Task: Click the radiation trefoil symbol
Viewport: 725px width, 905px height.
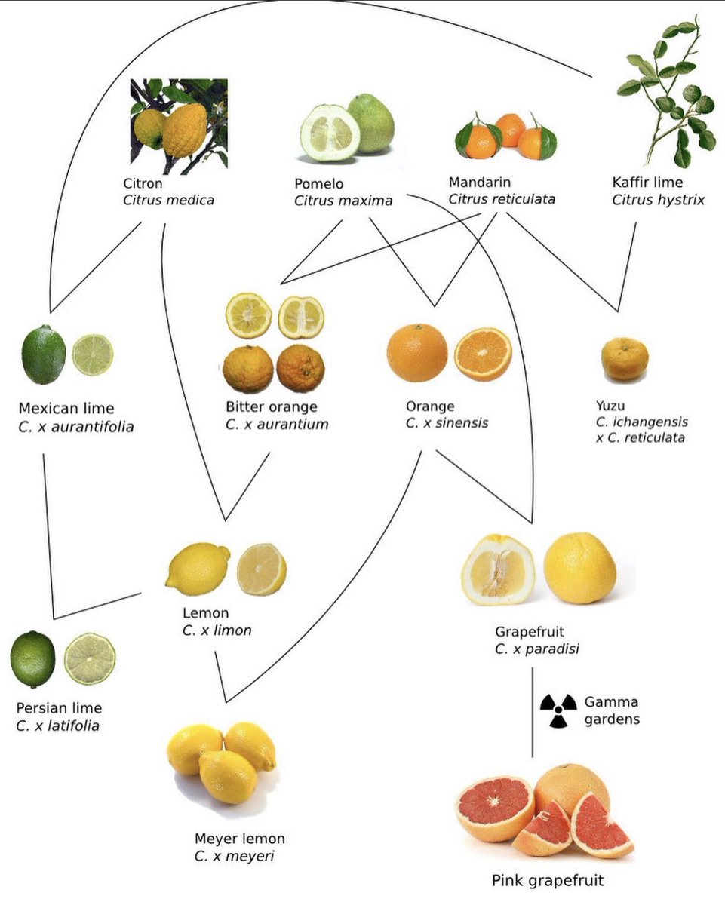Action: (x=558, y=710)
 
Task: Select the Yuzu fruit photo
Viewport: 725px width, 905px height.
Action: (x=624, y=359)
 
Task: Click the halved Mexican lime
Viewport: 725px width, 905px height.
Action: (x=93, y=354)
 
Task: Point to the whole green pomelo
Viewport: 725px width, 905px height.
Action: (x=371, y=123)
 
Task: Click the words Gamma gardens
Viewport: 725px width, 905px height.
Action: (x=612, y=710)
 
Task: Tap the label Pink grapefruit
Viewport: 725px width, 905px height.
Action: (x=548, y=879)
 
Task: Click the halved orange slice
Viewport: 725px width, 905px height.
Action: (x=483, y=354)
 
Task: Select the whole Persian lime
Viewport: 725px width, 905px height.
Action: (x=33, y=659)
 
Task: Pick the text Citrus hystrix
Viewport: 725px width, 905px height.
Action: (x=658, y=200)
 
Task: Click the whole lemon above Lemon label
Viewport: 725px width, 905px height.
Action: (x=198, y=569)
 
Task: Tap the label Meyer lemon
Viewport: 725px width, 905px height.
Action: (x=240, y=839)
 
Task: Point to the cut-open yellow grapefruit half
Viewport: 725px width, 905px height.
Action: (x=498, y=570)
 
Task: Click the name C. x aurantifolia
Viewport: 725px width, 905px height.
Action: (x=76, y=427)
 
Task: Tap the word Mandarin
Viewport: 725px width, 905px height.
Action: (x=479, y=183)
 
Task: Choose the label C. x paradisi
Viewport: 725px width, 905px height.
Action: (x=537, y=649)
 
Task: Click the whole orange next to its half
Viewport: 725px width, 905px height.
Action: (x=417, y=352)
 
